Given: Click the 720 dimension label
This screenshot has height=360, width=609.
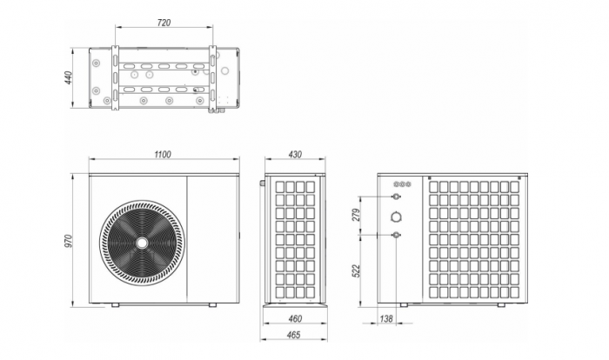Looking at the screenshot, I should pyautogui.click(x=164, y=22).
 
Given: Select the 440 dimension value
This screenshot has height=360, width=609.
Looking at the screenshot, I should pyautogui.click(x=69, y=78).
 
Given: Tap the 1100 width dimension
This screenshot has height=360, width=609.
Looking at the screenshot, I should pyautogui.click(x=163, y=155).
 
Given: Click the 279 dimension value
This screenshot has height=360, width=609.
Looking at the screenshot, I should pyautogui.click(x=356, y=215).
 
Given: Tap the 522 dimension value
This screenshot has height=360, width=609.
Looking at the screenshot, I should pyautogui.click(x=356, y=270).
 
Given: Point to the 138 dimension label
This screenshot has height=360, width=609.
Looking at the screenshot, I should pyautogui.click(x=386, y=320).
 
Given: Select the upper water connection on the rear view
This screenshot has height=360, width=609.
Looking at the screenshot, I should pyautogui.click(x=397, y=197).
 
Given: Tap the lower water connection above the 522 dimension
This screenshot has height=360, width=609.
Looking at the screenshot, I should pyautogui.click(x=397, y=235).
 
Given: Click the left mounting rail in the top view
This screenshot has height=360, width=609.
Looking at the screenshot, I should pyautogui.click(x=115, y=77).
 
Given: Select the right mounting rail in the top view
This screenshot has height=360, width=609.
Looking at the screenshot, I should pyautogui.click(x=211, y=77).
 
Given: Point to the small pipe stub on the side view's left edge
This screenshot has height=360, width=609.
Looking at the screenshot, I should pyautogui.click(x=262, y=183).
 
